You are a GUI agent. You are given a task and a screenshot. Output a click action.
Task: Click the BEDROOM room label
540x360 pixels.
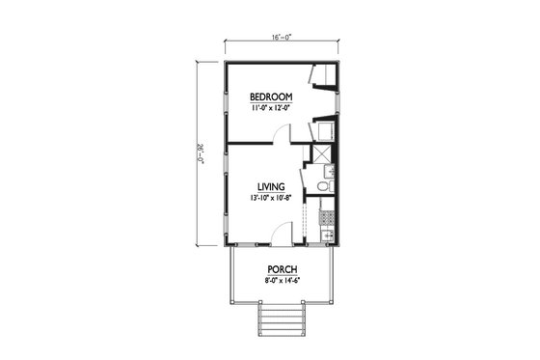point(271,97)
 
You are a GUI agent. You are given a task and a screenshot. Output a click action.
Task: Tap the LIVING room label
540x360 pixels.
point(270,186)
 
